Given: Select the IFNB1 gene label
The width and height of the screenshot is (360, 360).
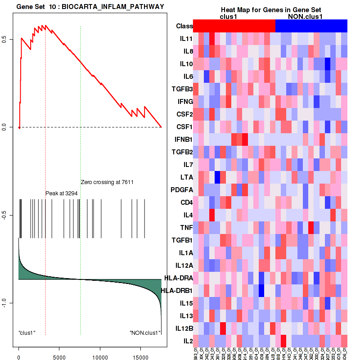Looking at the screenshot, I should [x=183, y=139].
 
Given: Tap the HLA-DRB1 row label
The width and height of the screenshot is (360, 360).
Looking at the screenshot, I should [x=176, y=290].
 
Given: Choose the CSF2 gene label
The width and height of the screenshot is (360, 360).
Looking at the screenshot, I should [x=184, y=114].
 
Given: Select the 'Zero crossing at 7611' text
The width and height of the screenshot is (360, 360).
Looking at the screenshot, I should [x=108, y=182].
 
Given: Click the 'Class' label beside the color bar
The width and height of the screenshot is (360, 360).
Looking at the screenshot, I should [x=184, y=26].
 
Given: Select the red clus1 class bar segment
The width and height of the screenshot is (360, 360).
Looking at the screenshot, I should [x=234, y=26].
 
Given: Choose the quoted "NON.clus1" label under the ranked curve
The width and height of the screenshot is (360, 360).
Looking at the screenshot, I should [x=145, y=333].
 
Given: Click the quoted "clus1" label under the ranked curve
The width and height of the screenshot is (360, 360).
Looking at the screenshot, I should [x=27, y=333].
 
